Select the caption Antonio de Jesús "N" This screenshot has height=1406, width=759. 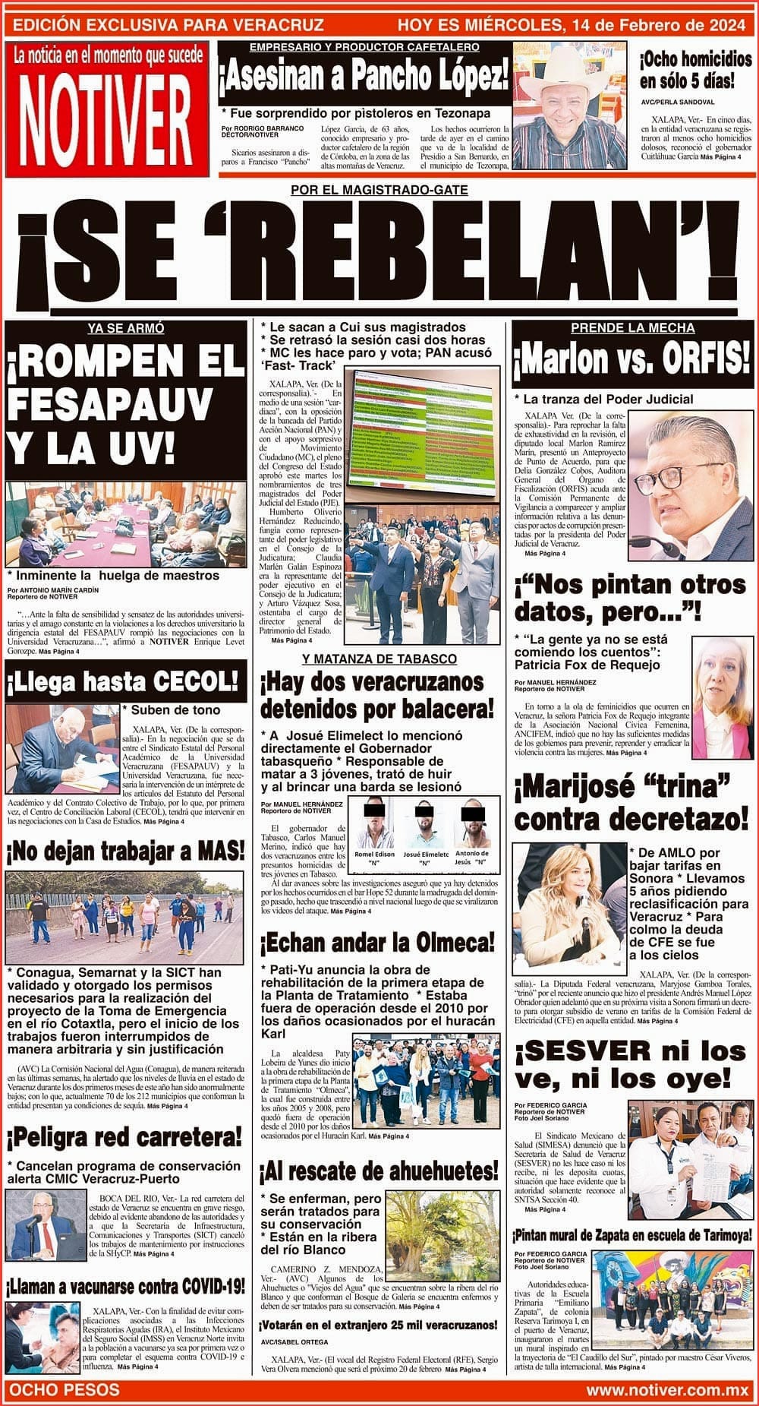(x=473, y=858)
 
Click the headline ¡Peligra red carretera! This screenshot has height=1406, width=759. (x=125, y=1137)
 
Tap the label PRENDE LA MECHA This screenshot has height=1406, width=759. (x=632, y=328)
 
